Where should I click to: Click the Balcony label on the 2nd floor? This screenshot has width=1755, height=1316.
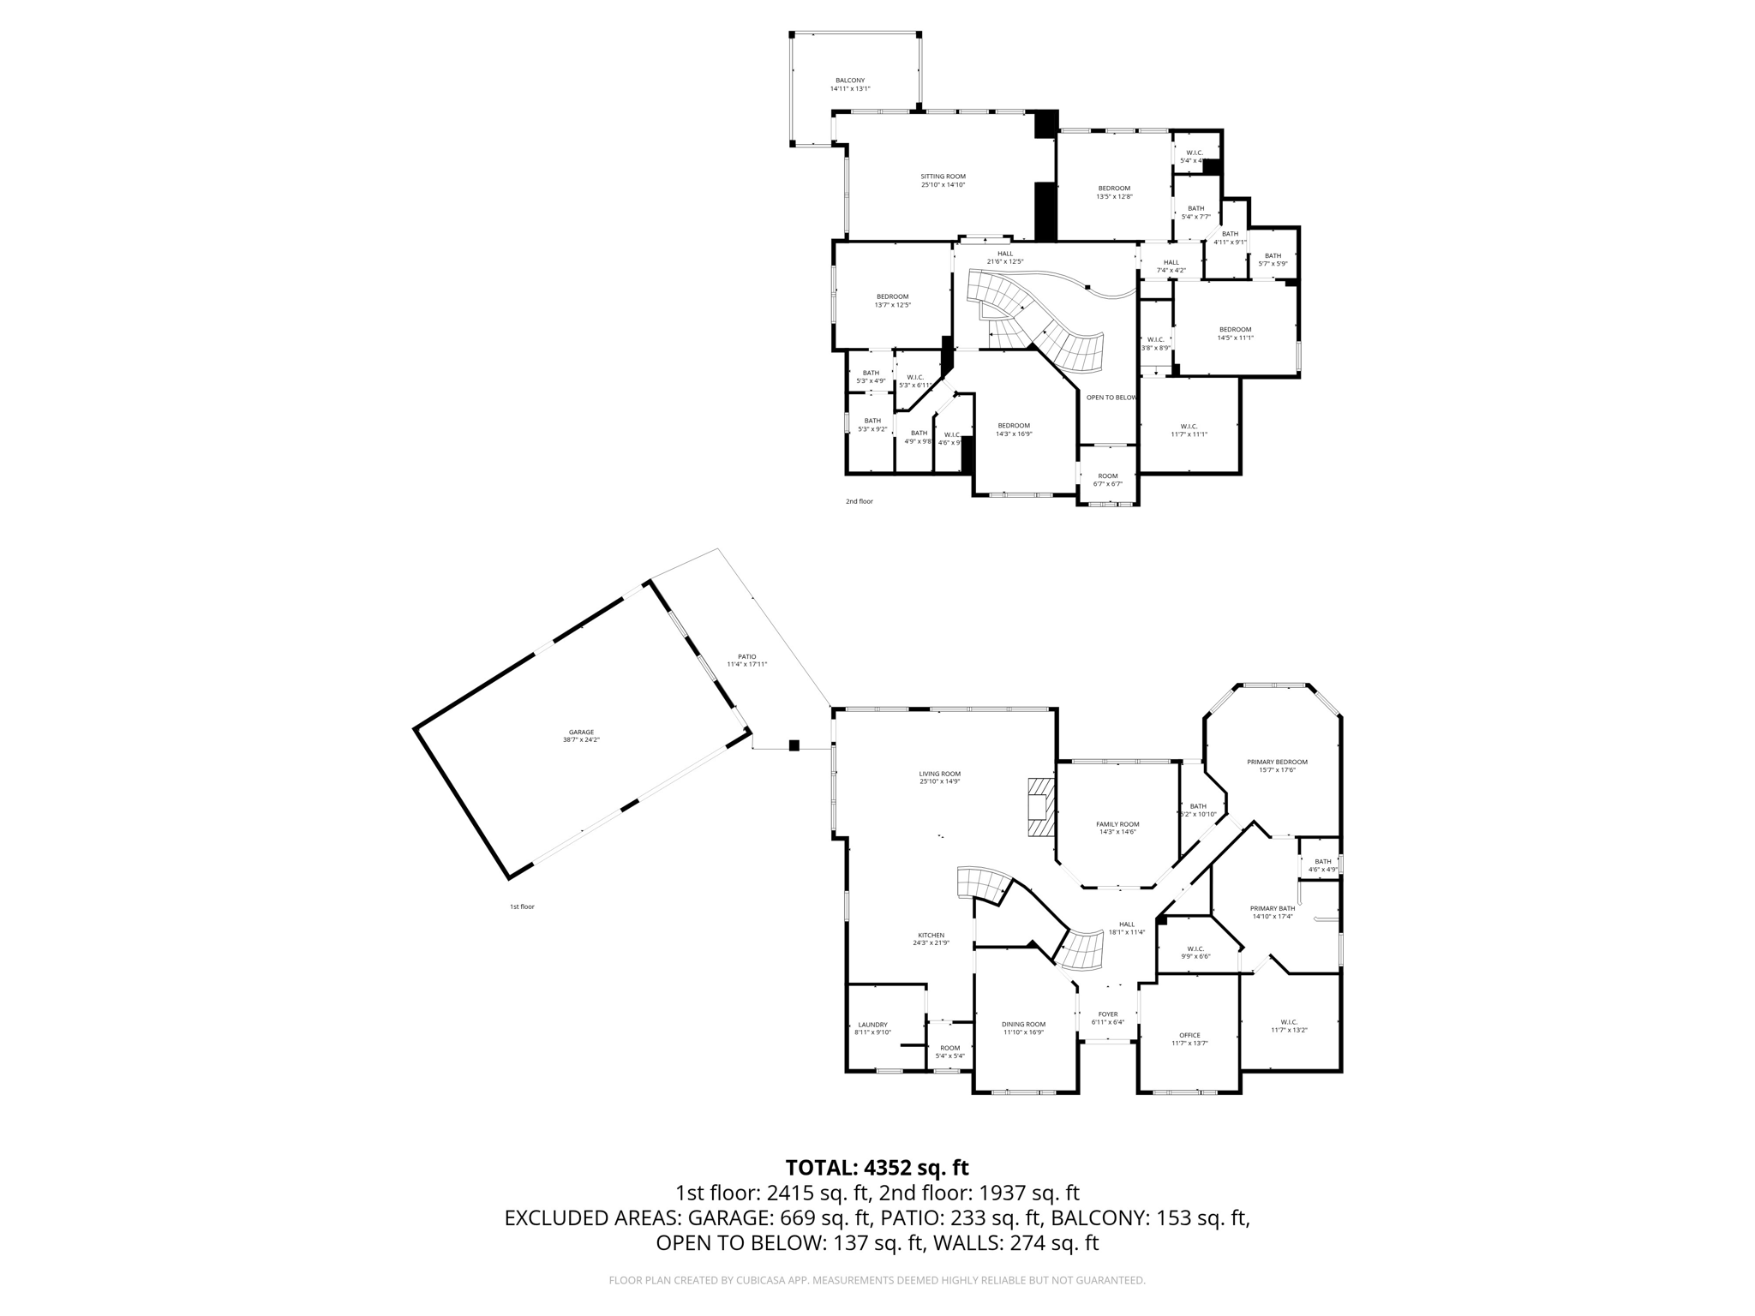click(850, 81)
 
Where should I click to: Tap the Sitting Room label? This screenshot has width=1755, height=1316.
click(943, 176)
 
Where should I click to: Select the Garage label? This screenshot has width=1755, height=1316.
click(581, 732)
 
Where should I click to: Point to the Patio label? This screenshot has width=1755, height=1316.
click(746, 656)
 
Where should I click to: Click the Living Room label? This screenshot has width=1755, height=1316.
click(940, 774)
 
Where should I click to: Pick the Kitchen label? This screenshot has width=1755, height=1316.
click(931, 935)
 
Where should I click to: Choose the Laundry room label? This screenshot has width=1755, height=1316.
click(872, 1025)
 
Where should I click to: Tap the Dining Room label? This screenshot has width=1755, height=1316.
click(1023, 1024)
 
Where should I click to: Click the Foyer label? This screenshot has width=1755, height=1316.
click(1108, 1014)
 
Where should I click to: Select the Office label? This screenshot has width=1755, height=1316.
click(1189, 1035)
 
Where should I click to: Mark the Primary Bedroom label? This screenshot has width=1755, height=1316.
click(1277, 762)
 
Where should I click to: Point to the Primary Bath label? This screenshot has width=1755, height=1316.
click(1273, 908)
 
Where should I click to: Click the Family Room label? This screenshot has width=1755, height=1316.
click(1117, 824)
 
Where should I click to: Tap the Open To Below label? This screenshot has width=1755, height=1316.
click(1111, 398)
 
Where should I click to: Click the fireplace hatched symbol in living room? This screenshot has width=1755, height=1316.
click(1039, 807)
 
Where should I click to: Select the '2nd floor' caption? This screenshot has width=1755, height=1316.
click(859, 501)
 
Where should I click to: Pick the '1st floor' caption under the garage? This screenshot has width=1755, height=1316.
click(522, 906)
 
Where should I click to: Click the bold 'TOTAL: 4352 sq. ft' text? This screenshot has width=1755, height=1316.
click(877, 1168)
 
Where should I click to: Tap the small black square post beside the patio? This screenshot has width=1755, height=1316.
click(794, 745)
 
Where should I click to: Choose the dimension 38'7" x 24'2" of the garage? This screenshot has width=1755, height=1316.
click(581, 739)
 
